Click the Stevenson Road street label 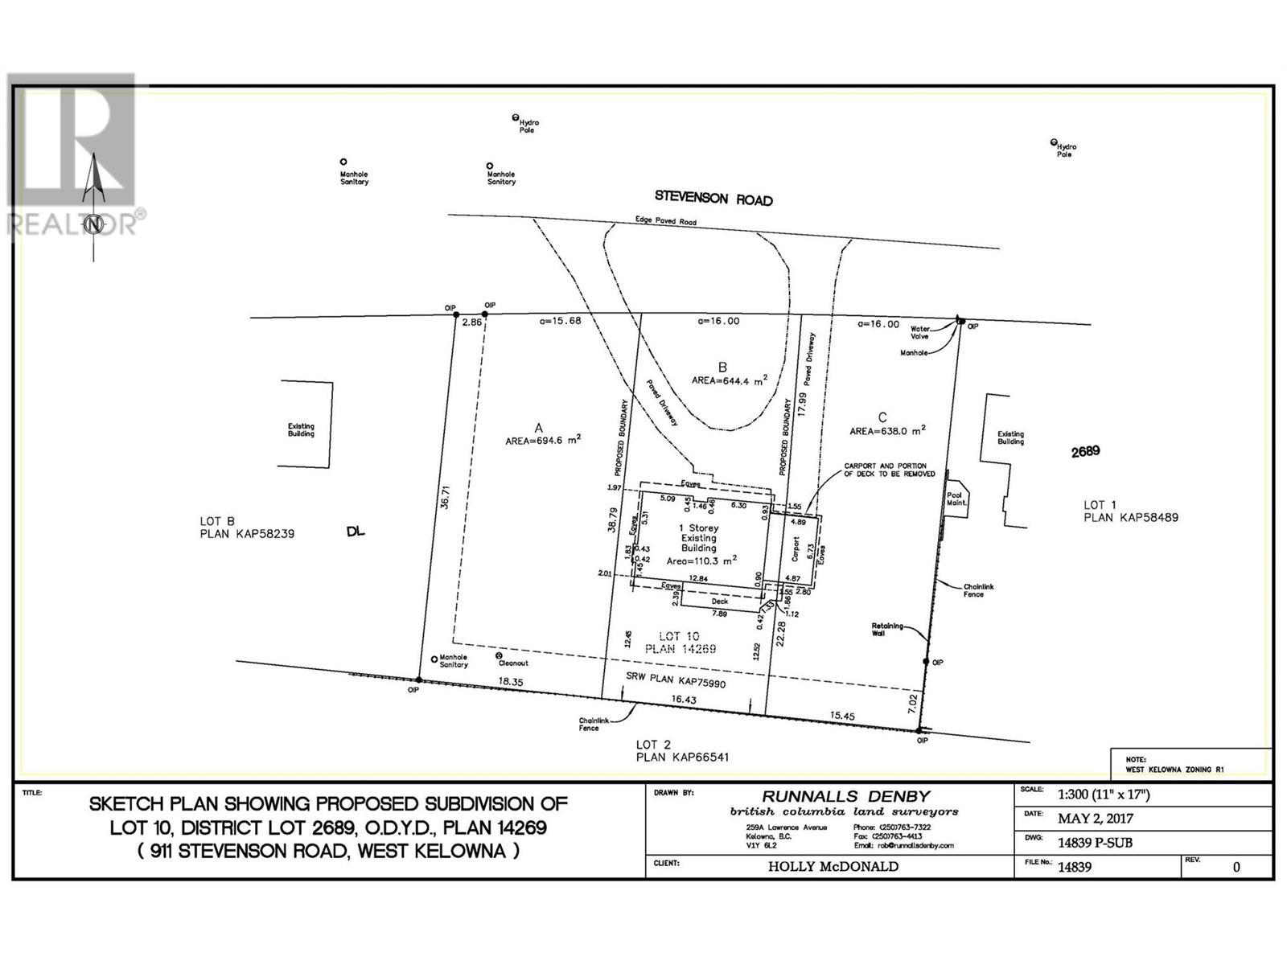point(713,198)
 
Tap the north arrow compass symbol point(95,205)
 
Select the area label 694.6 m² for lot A point(543,440)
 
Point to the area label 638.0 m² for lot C point(887,430)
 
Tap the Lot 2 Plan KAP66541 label point(682,750)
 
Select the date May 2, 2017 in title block point(1095,819)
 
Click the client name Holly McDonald point(833,866)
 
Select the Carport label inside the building point(795,548)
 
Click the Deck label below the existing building point(719,601)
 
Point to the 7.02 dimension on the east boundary point(911,705)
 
